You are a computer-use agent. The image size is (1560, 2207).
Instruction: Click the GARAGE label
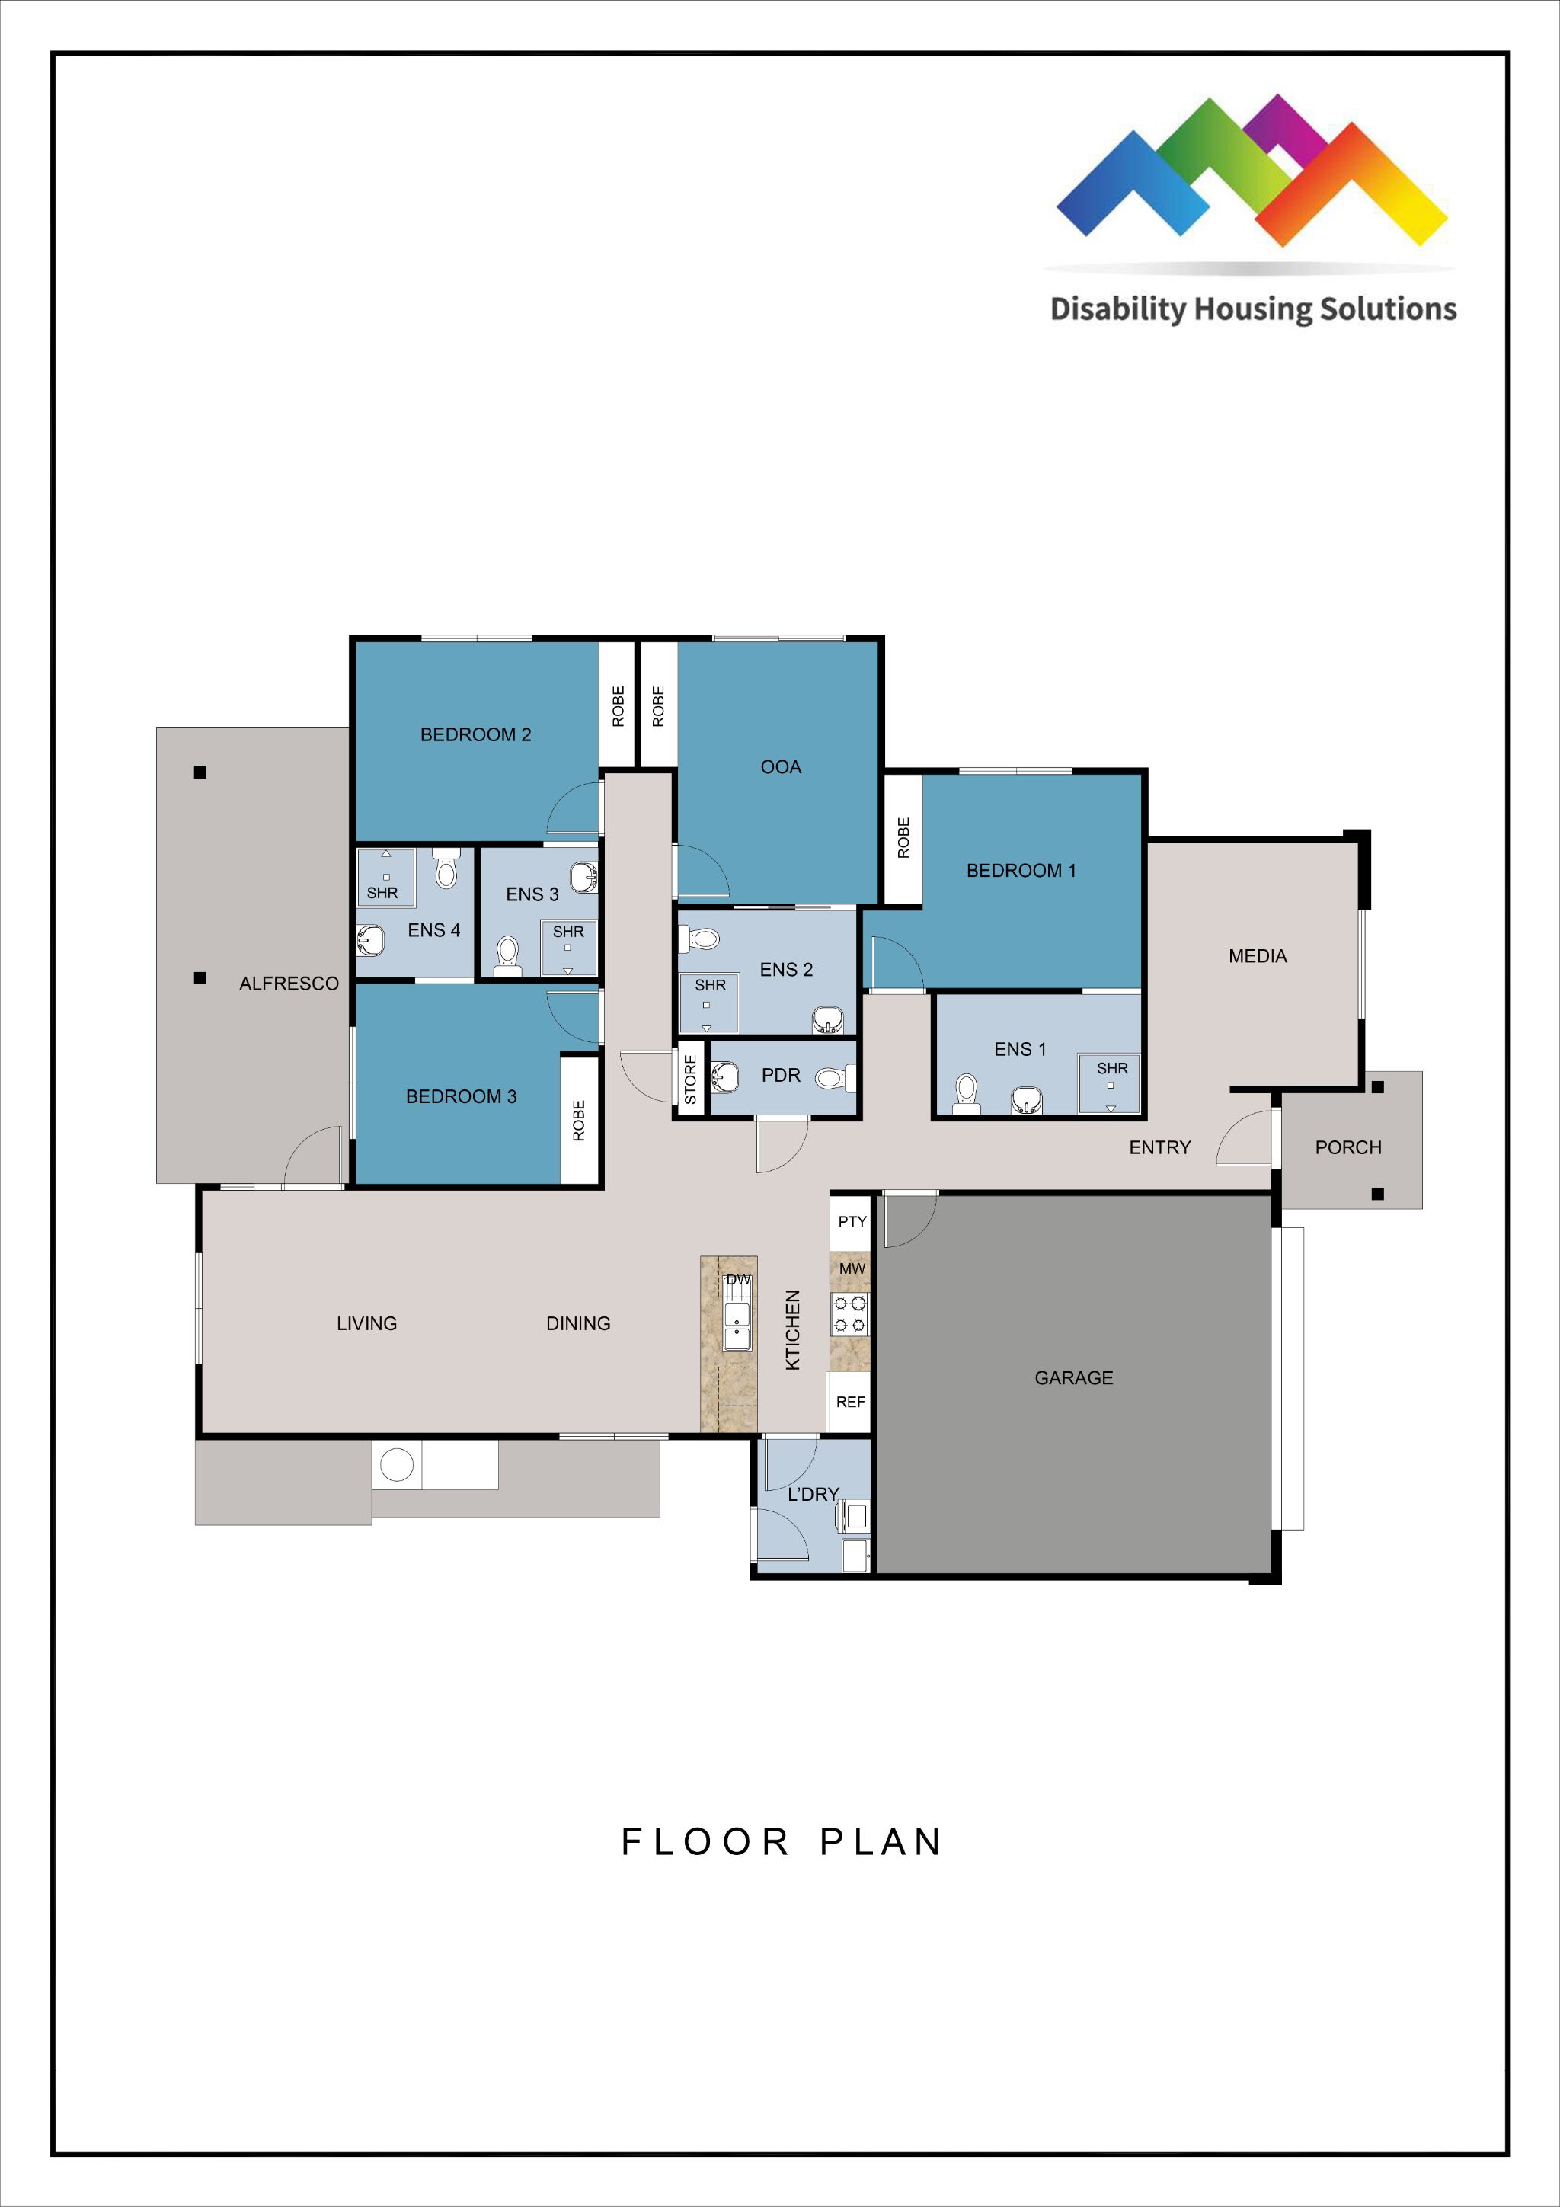(1072, 1377)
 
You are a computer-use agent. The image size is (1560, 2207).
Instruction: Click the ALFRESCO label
(289, 984)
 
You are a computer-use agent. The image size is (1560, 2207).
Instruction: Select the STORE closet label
(690, 1079)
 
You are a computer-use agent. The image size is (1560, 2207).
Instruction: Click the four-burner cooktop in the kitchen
(849, 1314)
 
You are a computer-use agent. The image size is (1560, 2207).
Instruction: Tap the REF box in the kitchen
(849, 1402)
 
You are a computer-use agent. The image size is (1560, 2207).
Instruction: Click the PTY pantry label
(852, 1222)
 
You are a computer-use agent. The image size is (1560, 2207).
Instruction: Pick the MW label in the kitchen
(852, 1269)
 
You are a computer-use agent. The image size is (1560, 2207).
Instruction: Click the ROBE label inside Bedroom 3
(579, 1120)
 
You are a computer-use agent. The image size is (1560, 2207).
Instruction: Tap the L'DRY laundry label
(814, 1494)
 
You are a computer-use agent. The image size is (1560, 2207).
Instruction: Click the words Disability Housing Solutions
(1252, 309)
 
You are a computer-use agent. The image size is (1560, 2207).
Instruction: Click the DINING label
(577, 1323)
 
